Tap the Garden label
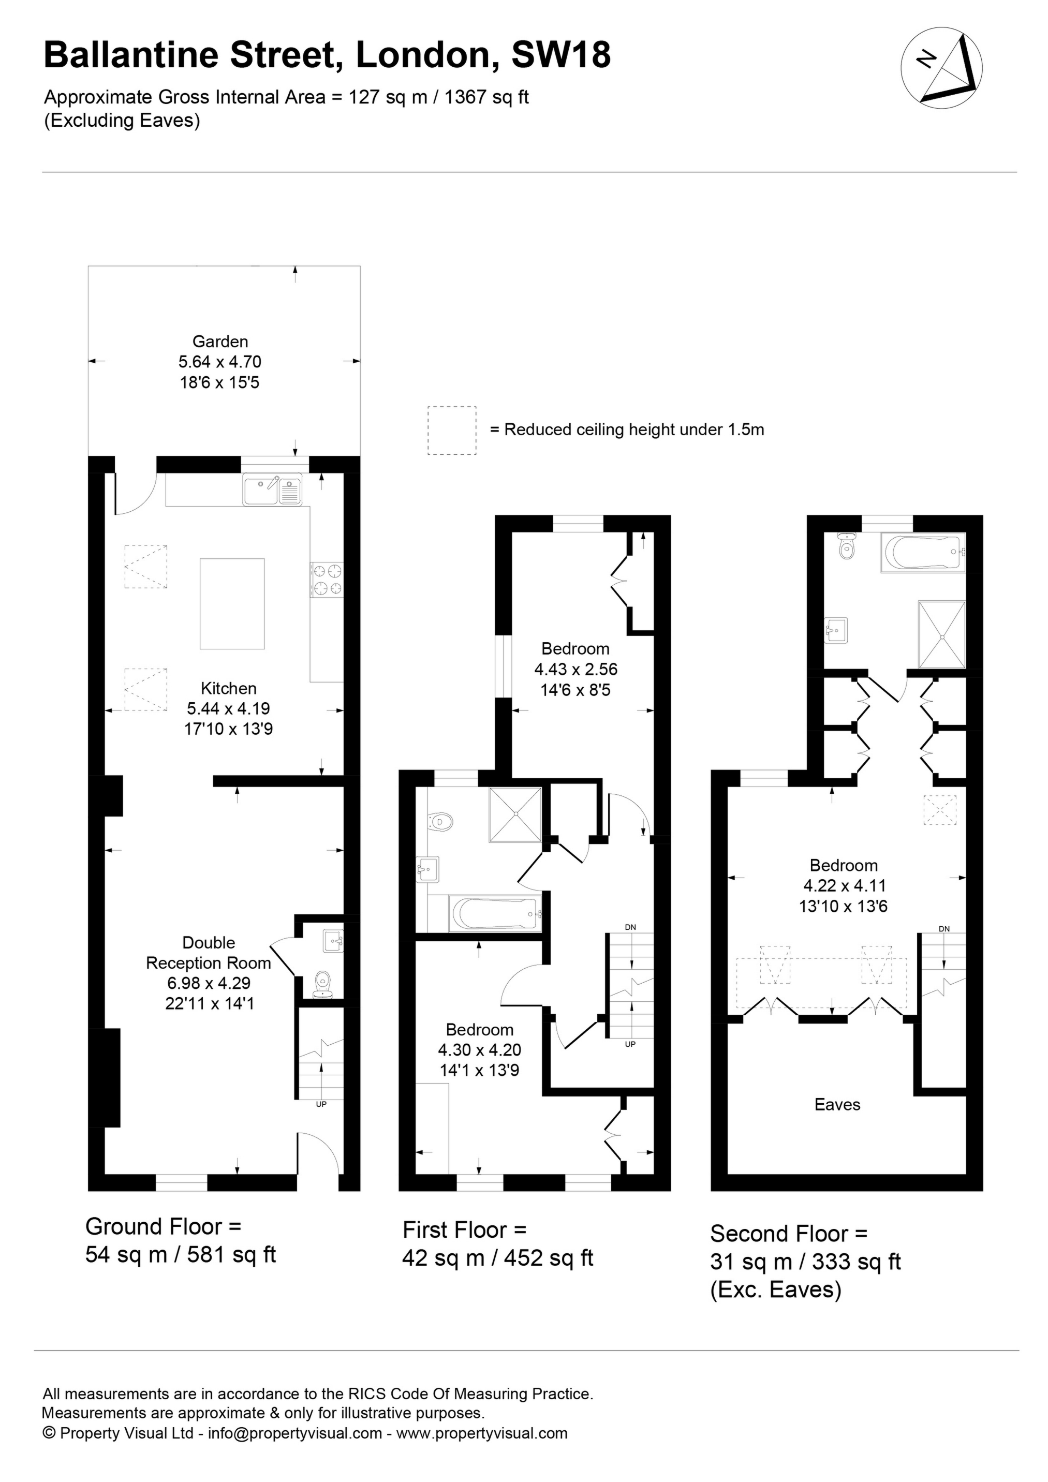[x=219, y=342]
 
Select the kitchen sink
[x=272, y=490]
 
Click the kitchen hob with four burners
[x=328, y=579]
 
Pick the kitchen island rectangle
[x=232, y=603]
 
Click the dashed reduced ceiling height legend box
[x=451, y=431]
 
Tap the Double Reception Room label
[x=208, y=953]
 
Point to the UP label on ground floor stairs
[x=321, y=1104]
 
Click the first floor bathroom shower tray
[x=514, y=814]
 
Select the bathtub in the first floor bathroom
[x=495, y=914]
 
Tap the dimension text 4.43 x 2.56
[x=575, y=670]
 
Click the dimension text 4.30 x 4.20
[x=479, y=1050]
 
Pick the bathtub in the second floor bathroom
[x=923, y=553]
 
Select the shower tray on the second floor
[x=942, y=634]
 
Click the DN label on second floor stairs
[x=944, y=929]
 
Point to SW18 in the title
[x=560, y=55]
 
